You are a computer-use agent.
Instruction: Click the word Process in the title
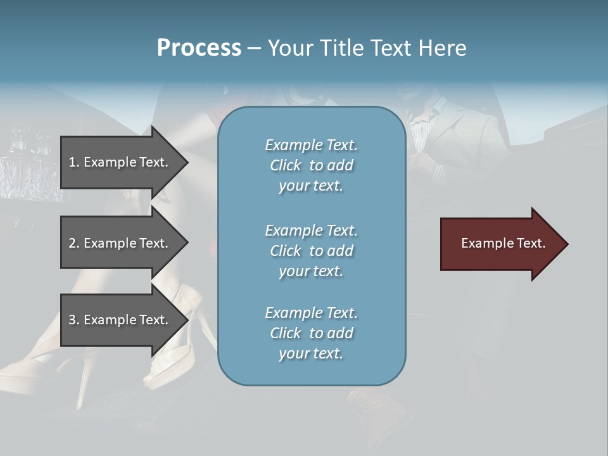(x=199, y=48)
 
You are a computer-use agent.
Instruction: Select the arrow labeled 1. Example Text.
(x=120, y=162)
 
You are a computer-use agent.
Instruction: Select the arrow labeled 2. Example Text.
(x=120, y=243)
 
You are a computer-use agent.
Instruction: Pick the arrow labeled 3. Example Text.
(x=120, y=320)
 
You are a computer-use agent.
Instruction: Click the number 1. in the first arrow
(x=74, y=162)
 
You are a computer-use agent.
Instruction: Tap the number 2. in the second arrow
(x=74, y=243)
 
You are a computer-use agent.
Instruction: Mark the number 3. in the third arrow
(x=74, y=320)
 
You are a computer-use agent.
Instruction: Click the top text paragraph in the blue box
(x=311, y=165)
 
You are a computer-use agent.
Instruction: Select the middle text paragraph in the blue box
(x=311, y=251)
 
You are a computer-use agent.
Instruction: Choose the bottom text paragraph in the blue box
(x=311, y=333)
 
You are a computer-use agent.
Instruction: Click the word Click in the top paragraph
(x=285, y=165)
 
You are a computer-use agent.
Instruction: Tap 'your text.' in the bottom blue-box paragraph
(x=311, y=353)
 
